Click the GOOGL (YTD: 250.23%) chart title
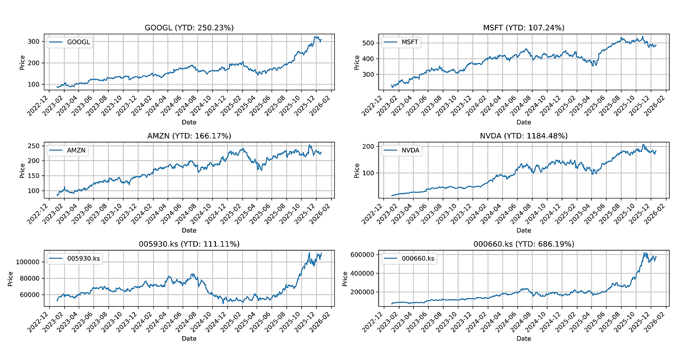[189, 28]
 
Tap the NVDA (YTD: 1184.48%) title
[523, 136]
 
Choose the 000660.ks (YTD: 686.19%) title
[523, 244]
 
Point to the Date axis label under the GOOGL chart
[189, 122]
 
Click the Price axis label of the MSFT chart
[357, 62]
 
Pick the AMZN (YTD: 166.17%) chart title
[189, 136]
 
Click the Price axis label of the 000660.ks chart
[345, 278]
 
